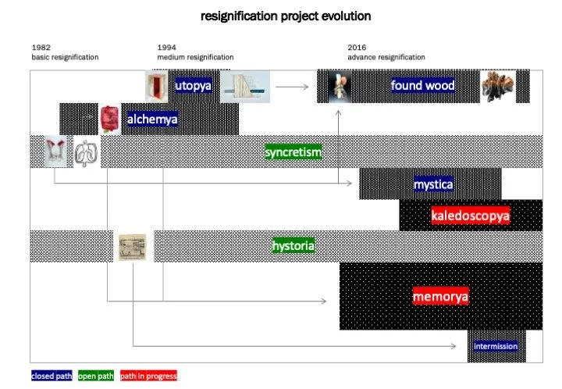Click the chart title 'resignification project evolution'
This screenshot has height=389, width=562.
click(x=286, y=16)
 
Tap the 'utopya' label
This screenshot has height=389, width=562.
click(x=193, y=86)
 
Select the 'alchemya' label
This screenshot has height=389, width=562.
click(x=153, y=120)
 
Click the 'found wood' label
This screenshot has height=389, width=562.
click(x=422, y=86)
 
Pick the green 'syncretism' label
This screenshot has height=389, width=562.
click(x=293, y=152)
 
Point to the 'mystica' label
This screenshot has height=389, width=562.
click(x=433, y=185)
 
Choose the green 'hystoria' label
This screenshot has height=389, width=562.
click(x=293, y=247)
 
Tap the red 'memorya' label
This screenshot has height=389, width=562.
click(x=440, y=297)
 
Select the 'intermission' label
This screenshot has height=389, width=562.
click(x=496, y=346)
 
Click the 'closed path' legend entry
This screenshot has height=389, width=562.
click(x=52, y=376)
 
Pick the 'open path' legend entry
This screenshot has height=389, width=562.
click(x=97, y=376)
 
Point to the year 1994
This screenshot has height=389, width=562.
click(x=166, y=48)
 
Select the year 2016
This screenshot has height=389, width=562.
click(x=357, y=48)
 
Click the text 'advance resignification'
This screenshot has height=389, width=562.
click(x=386, y=57)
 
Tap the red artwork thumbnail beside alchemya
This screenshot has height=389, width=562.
click(x=110, y=119)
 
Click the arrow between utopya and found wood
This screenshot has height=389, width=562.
click(x=292, y=87)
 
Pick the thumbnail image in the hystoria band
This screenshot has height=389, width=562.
click(x=132, y=247)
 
